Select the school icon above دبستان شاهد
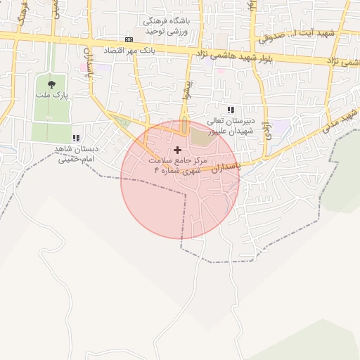pyautogui.click(x=76, y=138)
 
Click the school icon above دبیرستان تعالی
pyautogui.click(x=231, y=109)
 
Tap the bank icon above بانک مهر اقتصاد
pyautogui.click(x=129, y=40)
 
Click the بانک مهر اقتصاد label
pyautogui.click(x=129, y=51)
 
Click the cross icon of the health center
pyautogui.click(x=176, y=150)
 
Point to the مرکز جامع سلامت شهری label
pyautogui.click(x=176, y=165)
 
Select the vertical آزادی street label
pyautogui.click(x=266, y=131)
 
